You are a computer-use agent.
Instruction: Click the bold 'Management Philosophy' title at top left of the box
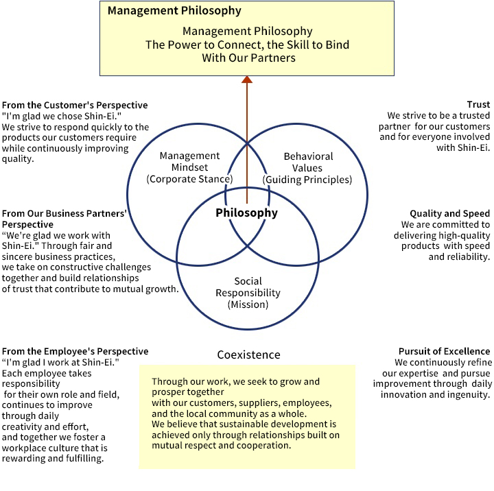click(174, 11)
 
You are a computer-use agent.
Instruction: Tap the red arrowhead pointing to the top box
click(247, 80)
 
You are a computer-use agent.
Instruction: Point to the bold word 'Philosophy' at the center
click(247, 213)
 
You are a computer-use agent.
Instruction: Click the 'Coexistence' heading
click(248, 355)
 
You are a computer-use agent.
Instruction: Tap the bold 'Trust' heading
click(478, 105)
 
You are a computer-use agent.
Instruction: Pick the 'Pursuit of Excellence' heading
click(445, 352)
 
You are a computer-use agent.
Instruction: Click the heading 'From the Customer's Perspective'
click(75, 105)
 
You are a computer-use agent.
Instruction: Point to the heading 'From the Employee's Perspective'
click(75, 352)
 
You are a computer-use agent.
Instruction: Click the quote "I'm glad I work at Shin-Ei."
click(61, 362)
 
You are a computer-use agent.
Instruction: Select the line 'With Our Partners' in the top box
click(248, 58)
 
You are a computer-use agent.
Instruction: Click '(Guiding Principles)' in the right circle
click(307, 180)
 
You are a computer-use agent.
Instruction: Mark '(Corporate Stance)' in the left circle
click(189, 180)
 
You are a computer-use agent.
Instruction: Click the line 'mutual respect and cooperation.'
click(222, 445)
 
